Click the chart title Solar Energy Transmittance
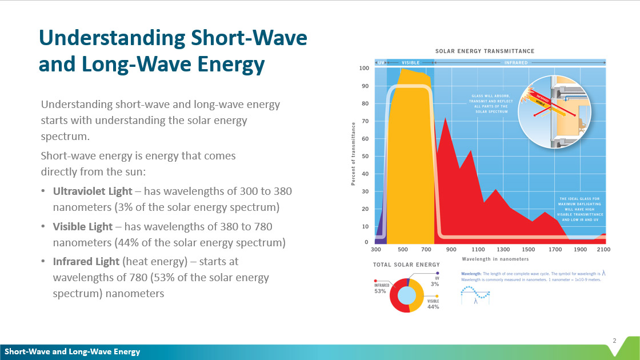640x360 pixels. click(x=485, y=51)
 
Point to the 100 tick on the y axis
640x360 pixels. click(x=364, y=68)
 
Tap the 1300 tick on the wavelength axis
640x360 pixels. click(x=503, y=250)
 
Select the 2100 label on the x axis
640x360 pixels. click(x=603, y=250)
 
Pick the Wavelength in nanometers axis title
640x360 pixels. click(x=494, y=259)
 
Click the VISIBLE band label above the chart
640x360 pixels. click(x=411, y=62)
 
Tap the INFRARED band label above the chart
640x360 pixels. click(x=515, y=62)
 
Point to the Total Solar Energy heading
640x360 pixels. click(x=406, y=265)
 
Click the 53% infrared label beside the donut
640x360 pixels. click(x=381, y=291)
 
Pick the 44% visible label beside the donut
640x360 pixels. click(x=433, y=307)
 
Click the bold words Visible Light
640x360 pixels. click(x=83, y=226)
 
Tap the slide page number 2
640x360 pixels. click(x=614, y=341)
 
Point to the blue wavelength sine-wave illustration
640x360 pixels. click(x=475, y=292)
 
